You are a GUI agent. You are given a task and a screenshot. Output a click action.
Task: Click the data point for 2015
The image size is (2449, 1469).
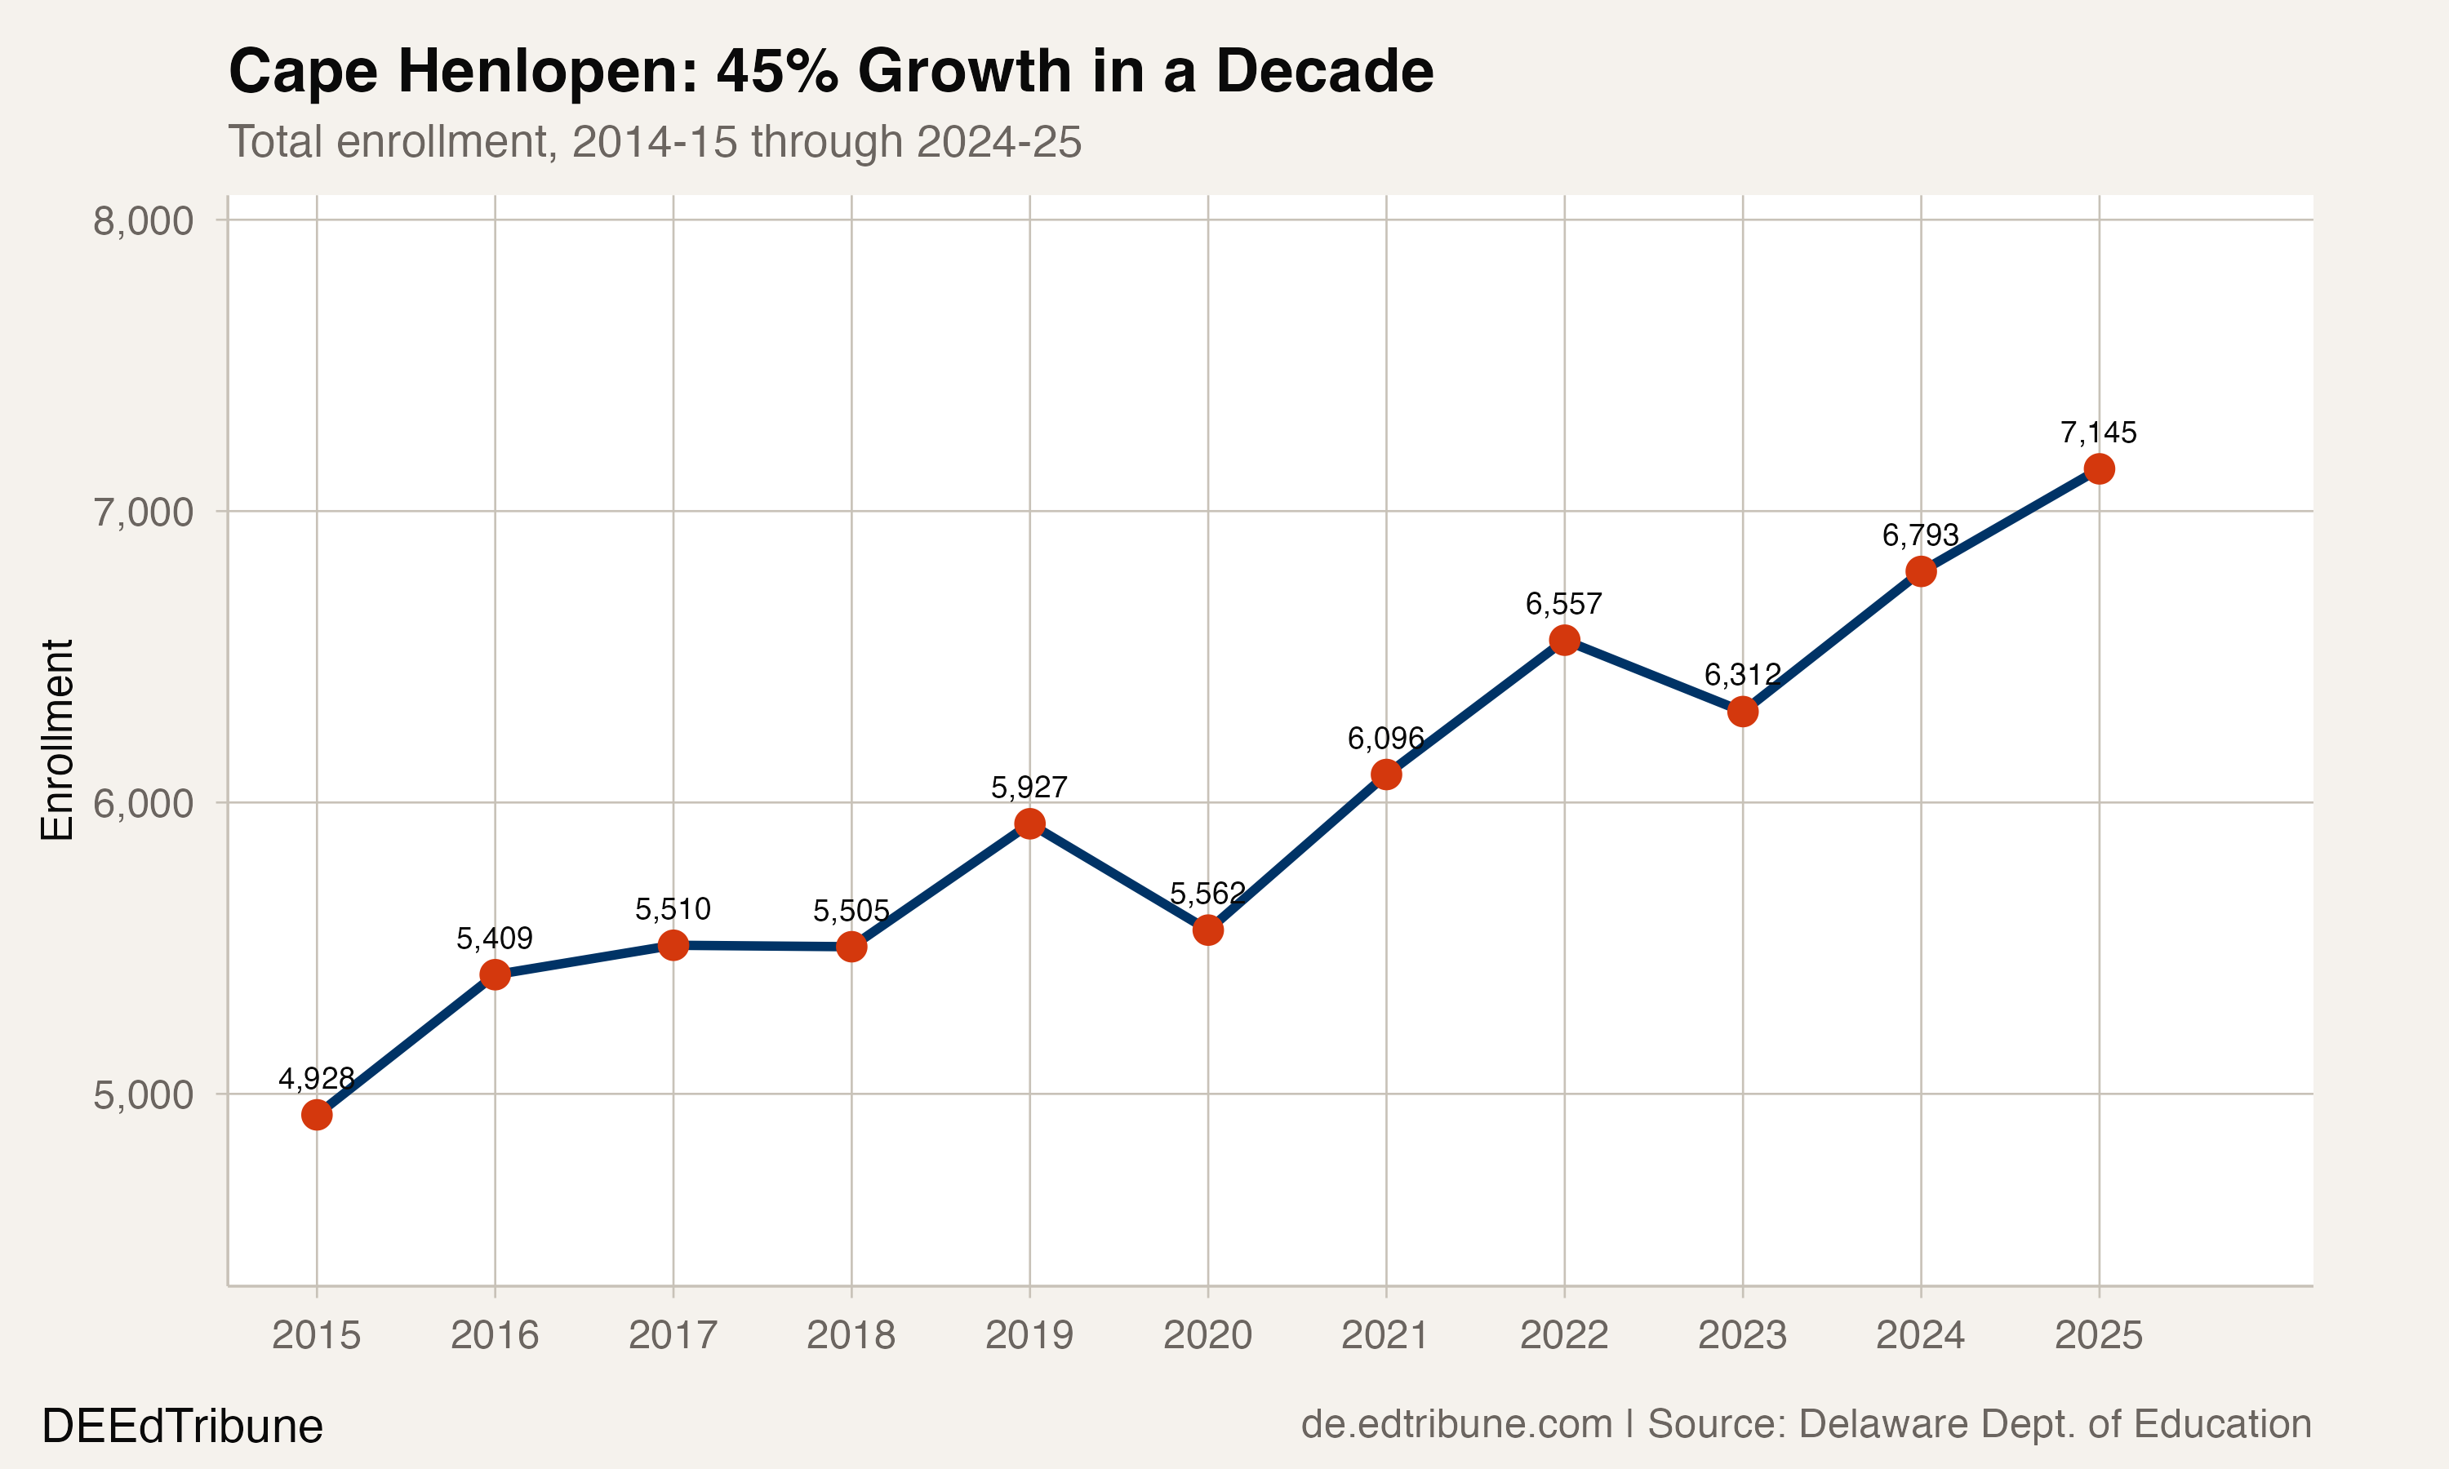pyautogui.click(x=316, y=1115)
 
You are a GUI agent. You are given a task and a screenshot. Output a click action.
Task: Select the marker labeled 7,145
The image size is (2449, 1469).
pyautogui.click(x=2098, y=469)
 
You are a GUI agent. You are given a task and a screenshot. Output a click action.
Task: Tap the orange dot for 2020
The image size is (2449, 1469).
pyautogui.click(x=1207, y=930)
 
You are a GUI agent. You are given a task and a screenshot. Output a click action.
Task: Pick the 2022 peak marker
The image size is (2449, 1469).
pyautogui.click(x=1563, y=641)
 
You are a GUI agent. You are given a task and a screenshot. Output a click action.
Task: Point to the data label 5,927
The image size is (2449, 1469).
pyautogui.click(x=1029, y=788)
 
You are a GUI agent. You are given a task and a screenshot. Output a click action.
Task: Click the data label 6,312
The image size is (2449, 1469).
pyautogui.click(x=1741, y=675)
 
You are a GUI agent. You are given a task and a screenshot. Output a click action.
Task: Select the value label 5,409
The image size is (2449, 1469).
pyautogui.click(x=494, y=939)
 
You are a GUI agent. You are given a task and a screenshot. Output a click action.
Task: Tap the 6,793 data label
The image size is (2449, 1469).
pyautogui.click(x=1919, y=535)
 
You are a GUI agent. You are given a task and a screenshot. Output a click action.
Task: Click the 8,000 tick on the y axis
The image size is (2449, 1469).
pyautogui.click(x=143, y=220)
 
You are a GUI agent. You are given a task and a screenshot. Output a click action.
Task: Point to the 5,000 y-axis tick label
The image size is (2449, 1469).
pyautogui.click(x=143, y=1095)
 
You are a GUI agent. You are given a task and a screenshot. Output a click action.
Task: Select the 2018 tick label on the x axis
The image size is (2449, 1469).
pyautogui.click(x=851, y=1335)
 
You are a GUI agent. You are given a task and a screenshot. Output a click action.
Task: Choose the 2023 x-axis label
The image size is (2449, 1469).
pyautogui.click(x=1741, y=1335)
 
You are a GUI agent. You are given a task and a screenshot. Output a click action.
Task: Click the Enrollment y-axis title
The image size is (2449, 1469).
pyautogui.click(x=57, y=739)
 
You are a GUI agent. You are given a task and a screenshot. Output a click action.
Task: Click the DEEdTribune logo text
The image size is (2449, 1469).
pyautogui.click(x=182, y=1427)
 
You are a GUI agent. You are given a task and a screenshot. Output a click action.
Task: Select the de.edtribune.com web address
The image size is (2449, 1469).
pyautogui.click(x=1456, y=1424)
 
